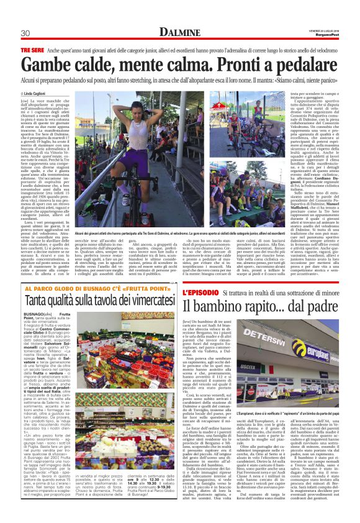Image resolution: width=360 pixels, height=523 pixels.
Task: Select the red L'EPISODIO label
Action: click(201, 291)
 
